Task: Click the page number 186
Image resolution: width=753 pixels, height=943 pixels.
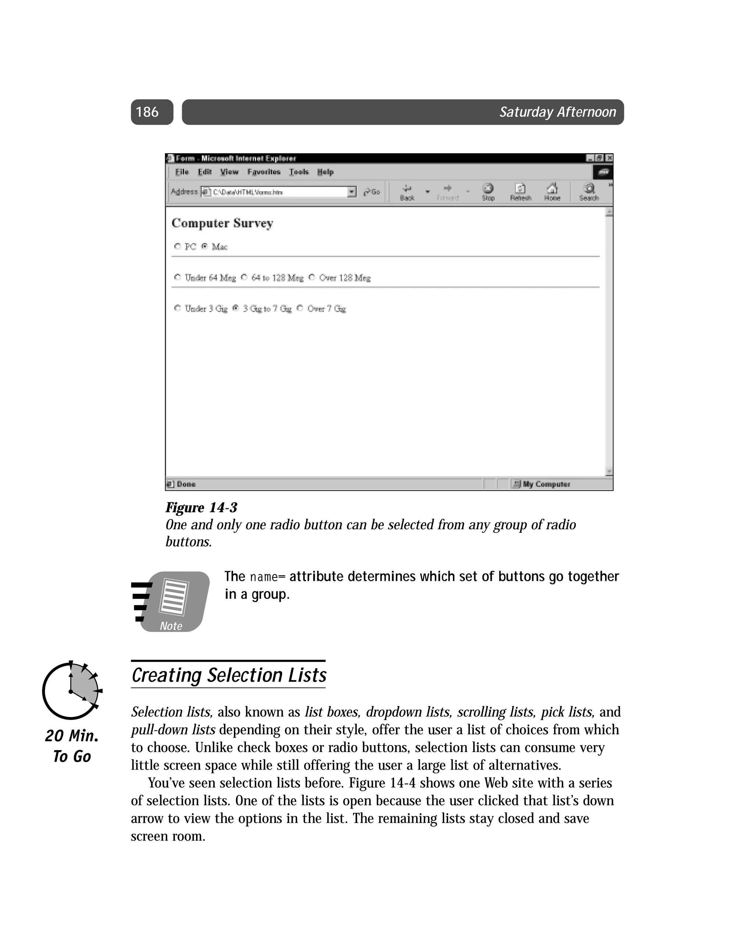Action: point(147,112)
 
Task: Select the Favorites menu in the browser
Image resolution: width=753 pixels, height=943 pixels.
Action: point(264,172)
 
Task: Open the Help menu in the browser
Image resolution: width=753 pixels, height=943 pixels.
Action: point(325,172)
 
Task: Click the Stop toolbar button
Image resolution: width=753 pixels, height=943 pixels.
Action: point(488,191)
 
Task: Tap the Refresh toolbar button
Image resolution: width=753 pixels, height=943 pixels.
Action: point(520,191)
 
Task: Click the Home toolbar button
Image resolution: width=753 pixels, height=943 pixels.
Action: point(552,191)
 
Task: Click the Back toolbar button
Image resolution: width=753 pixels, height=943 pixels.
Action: point(407,191)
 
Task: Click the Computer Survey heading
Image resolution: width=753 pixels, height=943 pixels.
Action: point(222,223)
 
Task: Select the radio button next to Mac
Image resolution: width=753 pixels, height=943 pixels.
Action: point(204,246)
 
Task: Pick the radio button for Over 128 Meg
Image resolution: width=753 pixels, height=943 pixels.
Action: point(311,277)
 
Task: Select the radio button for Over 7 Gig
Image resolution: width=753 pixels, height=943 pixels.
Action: point(300,308)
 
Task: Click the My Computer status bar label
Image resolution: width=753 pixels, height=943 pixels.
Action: point(546,484)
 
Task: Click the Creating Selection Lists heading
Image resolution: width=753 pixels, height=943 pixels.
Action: point(229,675)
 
